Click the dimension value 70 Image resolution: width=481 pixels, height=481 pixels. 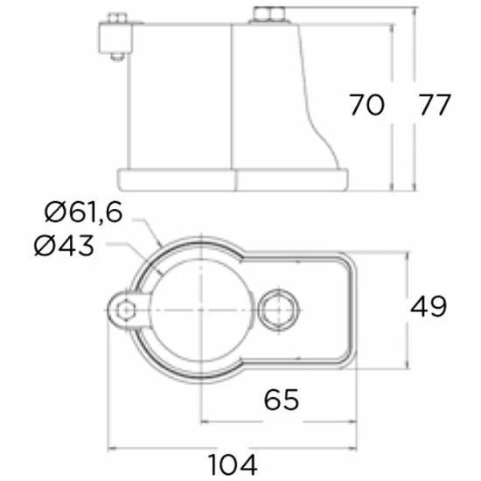tap(367, 105)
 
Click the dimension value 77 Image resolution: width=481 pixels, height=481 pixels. tap(435, 105)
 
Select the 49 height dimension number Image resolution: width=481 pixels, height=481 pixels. tap(429, 306)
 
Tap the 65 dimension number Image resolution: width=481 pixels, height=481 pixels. tap(282, 400)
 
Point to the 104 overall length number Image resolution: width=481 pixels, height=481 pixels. tap(233, 464)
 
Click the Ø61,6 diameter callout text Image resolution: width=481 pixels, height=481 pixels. tap(84, 213)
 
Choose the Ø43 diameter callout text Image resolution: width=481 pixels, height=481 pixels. tap(64, 246)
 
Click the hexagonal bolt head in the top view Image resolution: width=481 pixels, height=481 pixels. tap(278, 310)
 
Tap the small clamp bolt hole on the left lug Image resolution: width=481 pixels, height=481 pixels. tap(126, 310)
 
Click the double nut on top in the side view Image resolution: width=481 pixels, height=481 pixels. tap(269, 15)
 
